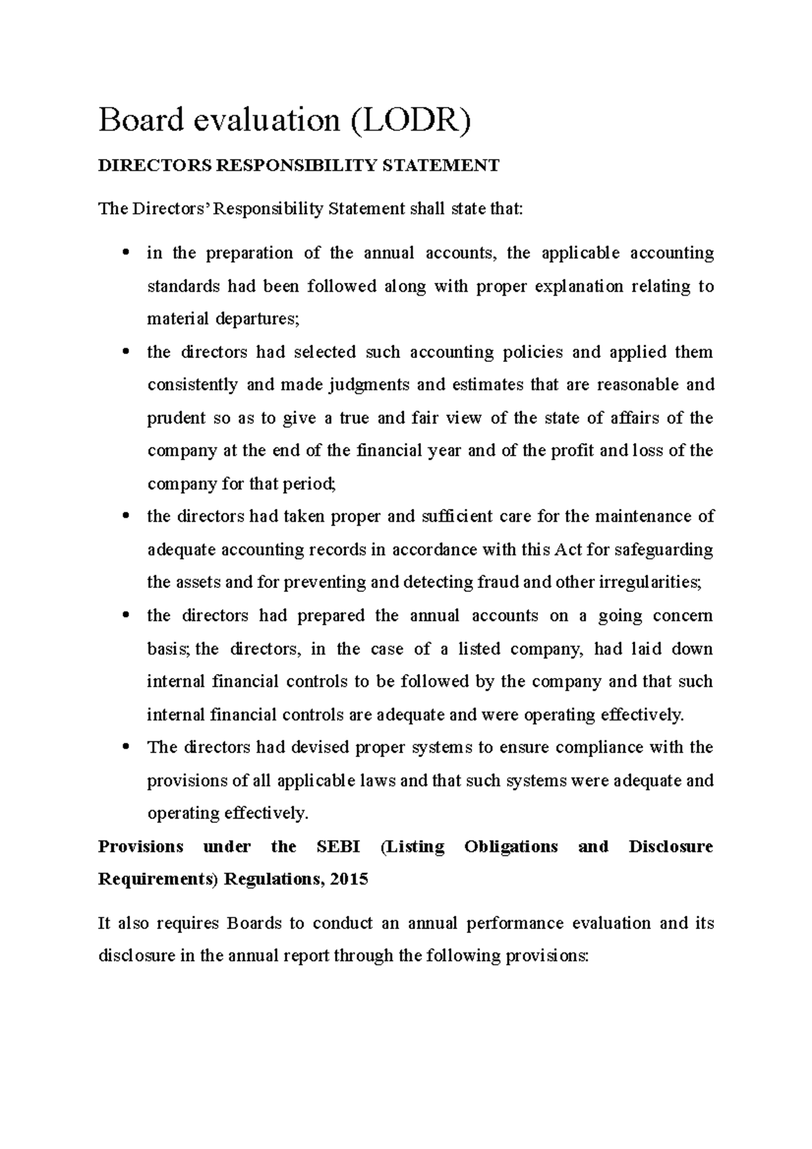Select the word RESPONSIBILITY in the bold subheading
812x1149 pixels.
click(x=294, y=165)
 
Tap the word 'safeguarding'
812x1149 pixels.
click(x=663, y=549)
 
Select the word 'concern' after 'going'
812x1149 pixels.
click(x=683, y=616)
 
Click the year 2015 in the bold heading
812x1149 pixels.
click(x=350, y=880)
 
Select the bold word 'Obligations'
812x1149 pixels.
click(x=511, y=847)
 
